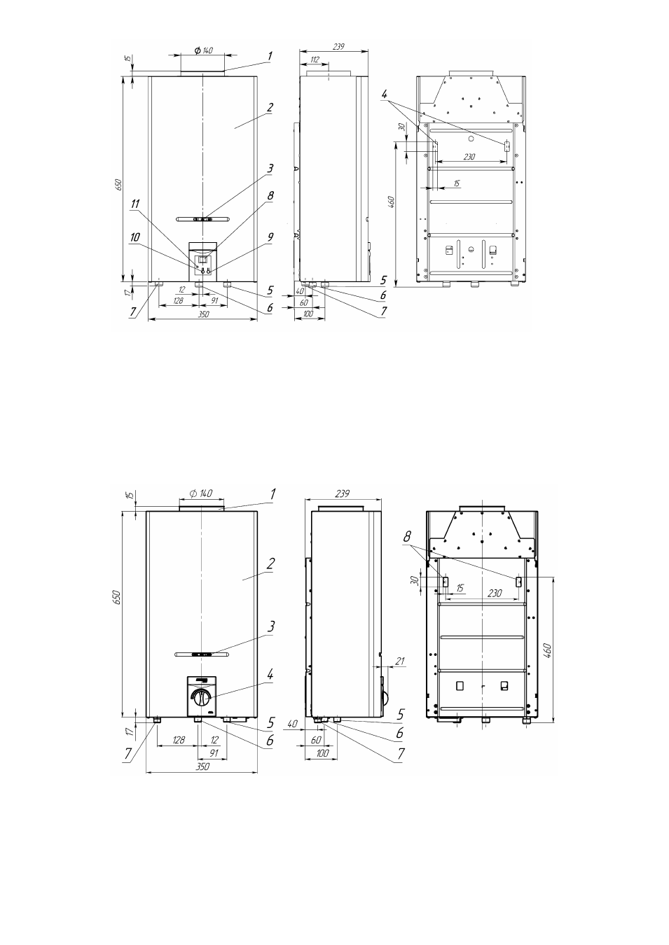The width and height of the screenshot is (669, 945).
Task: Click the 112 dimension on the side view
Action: click(315, 59)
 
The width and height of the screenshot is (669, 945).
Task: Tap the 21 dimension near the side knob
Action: click(401, 661)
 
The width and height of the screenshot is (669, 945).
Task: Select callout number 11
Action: click(135, 204)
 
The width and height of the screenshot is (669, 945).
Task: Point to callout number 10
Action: click(135, 237)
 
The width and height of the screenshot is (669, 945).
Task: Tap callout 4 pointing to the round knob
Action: click(270, 675)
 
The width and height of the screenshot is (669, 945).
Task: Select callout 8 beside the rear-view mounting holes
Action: click(407, 537)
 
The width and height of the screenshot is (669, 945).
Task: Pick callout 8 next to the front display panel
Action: click(270, 195)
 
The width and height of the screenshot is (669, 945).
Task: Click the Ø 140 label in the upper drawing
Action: click(204, 50)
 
